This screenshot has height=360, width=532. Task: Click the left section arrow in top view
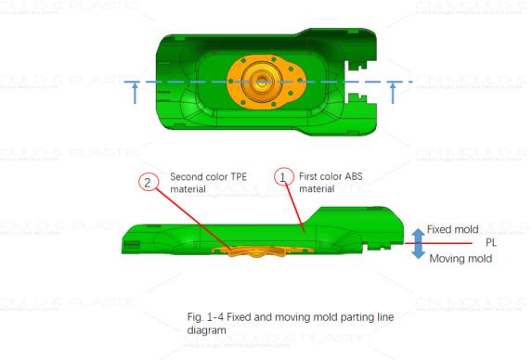click(x=136, y=92)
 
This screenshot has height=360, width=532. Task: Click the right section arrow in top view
click(x=394, y=92)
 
